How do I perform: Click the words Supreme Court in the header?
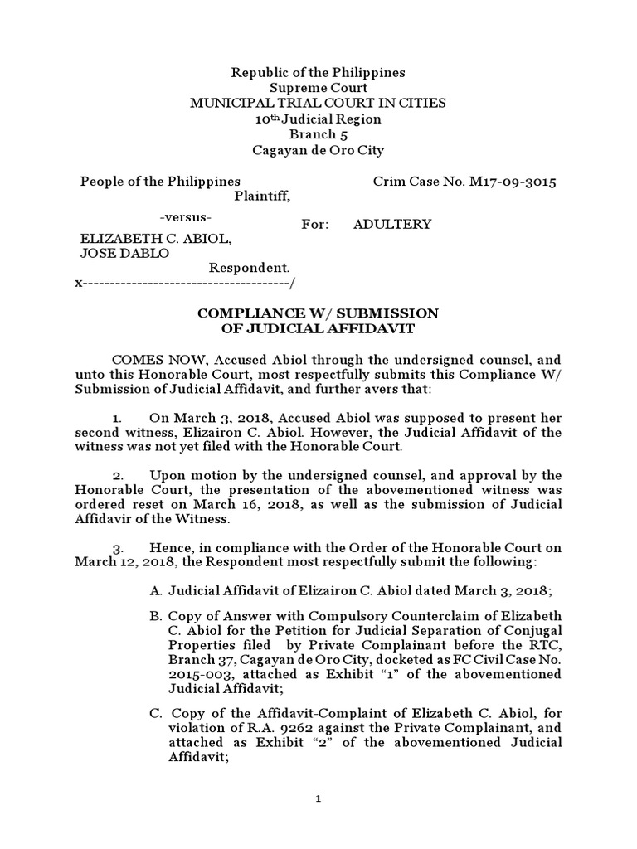click(x=318, y=88)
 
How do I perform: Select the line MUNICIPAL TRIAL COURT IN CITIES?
click(x=318, y=104)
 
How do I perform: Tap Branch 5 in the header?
click(x=318, y=135)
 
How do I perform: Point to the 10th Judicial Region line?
click(x=318, y=119)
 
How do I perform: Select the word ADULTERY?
click(x=392, y=225)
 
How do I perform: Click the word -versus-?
click(x=185, y=217)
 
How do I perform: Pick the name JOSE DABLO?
click(x=124, y=254)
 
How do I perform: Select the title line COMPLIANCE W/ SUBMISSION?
click(x=317, y=313)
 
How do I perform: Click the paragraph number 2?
click(x=119, y=475)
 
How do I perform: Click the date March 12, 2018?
click(x=125, y=563)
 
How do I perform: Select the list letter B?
click(x=155, y=617)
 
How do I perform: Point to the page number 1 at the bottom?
click(x=318, y=799)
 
